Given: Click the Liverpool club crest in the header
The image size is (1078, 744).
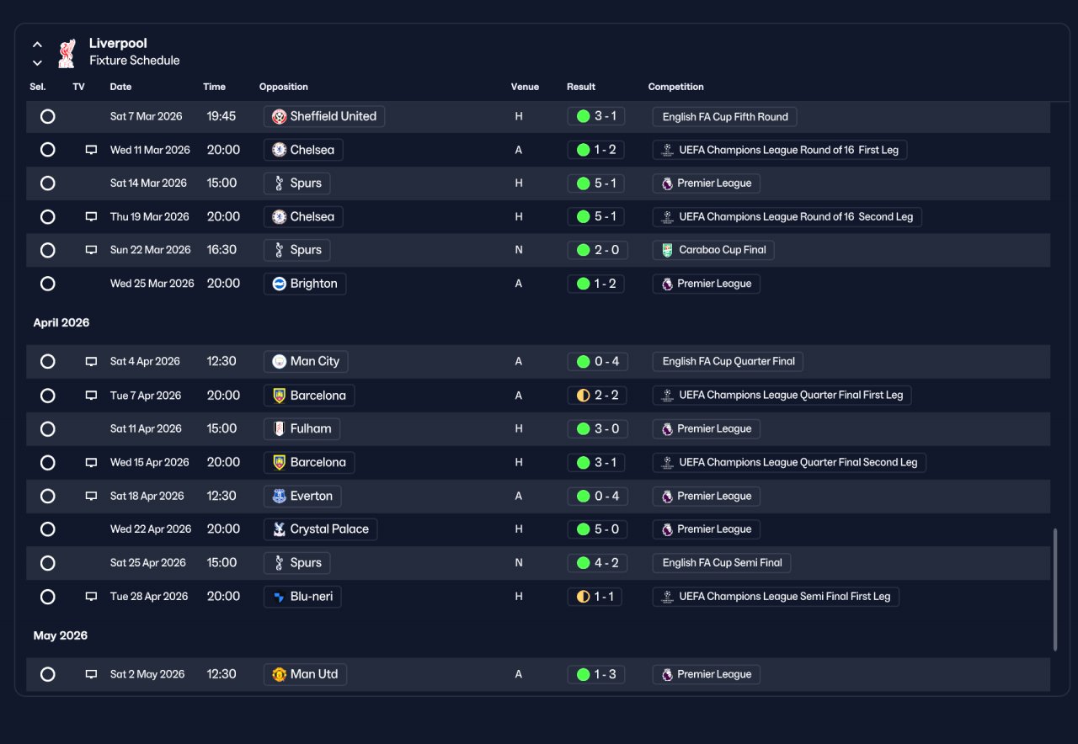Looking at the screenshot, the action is point(67,53).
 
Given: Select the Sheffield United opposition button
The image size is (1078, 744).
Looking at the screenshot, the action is point(324,116).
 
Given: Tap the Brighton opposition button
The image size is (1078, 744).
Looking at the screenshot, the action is point(305,284).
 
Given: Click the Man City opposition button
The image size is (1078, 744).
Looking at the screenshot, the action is point(306,361).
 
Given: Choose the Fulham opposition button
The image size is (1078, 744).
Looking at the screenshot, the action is point(302,428).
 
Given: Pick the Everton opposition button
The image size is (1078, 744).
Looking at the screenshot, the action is point(302,496).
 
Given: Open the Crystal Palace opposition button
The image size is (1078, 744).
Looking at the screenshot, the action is point(321,529).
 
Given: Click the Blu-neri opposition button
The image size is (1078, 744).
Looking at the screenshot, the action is point(302,597).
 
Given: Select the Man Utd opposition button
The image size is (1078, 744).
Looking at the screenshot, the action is point(305,674).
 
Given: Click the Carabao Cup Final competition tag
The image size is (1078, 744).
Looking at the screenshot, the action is point(713,250).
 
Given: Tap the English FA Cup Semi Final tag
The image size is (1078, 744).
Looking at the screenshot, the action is point(722,563).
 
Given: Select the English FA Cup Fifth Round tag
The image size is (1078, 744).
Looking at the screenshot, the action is point(724,117).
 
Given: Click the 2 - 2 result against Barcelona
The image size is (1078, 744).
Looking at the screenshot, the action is point(597,396).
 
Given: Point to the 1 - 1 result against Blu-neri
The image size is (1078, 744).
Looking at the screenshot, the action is point(595,597).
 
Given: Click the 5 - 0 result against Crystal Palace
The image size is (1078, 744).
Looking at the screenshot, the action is point(597,529).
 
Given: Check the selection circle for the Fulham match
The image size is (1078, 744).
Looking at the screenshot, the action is point(48,429).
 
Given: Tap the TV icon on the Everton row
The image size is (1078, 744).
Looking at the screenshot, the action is point(91,496).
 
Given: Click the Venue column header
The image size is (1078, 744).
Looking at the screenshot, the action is point(525,87).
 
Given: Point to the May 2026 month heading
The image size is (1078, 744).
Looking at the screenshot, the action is point(60,635).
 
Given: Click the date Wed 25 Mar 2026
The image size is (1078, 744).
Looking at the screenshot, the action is point(152,284).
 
